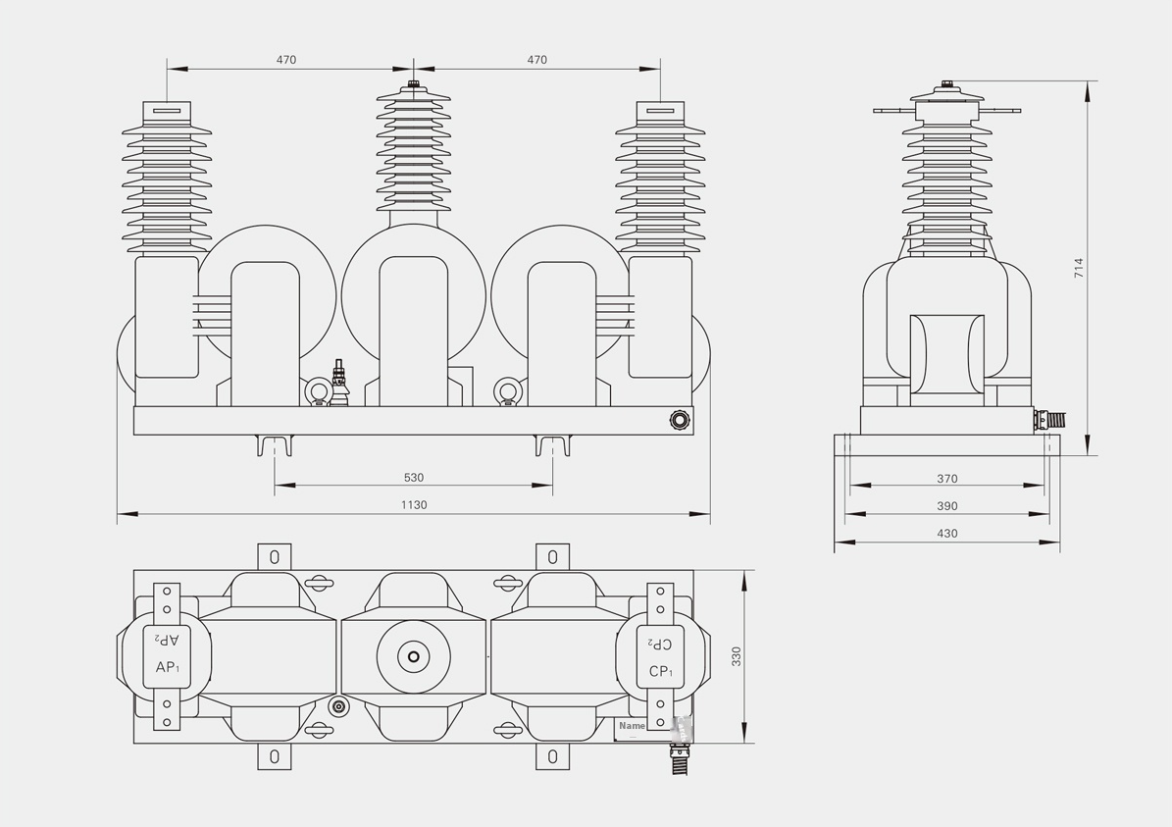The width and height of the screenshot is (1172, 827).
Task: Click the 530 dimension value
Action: tap(413, 478)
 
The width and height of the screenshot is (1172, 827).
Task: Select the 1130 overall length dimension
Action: tap(413, 505)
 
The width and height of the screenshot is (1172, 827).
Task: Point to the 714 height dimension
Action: tap(1079, 268)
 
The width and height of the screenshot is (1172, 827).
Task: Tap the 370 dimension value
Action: tap(946, 479)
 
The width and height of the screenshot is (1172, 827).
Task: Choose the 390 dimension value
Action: tap(946, 506)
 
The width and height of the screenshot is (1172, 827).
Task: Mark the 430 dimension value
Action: tap(946, 534)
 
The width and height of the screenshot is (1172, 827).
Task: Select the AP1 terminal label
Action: tap(168, 668)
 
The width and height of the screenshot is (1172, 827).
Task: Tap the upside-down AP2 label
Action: tap(168, 640)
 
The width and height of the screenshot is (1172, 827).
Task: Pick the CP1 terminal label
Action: tap(661, 672)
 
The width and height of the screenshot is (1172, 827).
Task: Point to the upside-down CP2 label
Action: tap(661, 645)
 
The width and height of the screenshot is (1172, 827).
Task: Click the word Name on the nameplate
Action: tap(632, 726)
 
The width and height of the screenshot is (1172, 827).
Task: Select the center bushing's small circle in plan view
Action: tap(413, 656)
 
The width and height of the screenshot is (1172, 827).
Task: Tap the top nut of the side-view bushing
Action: tap(947, 85)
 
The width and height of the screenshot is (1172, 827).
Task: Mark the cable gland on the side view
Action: tap(1052, 419)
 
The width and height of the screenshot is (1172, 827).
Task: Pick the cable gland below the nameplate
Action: tap(676, 757)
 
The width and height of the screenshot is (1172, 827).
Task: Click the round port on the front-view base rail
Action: tap(678, 420)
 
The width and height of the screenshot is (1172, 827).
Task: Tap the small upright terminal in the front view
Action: tap(339, 383)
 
